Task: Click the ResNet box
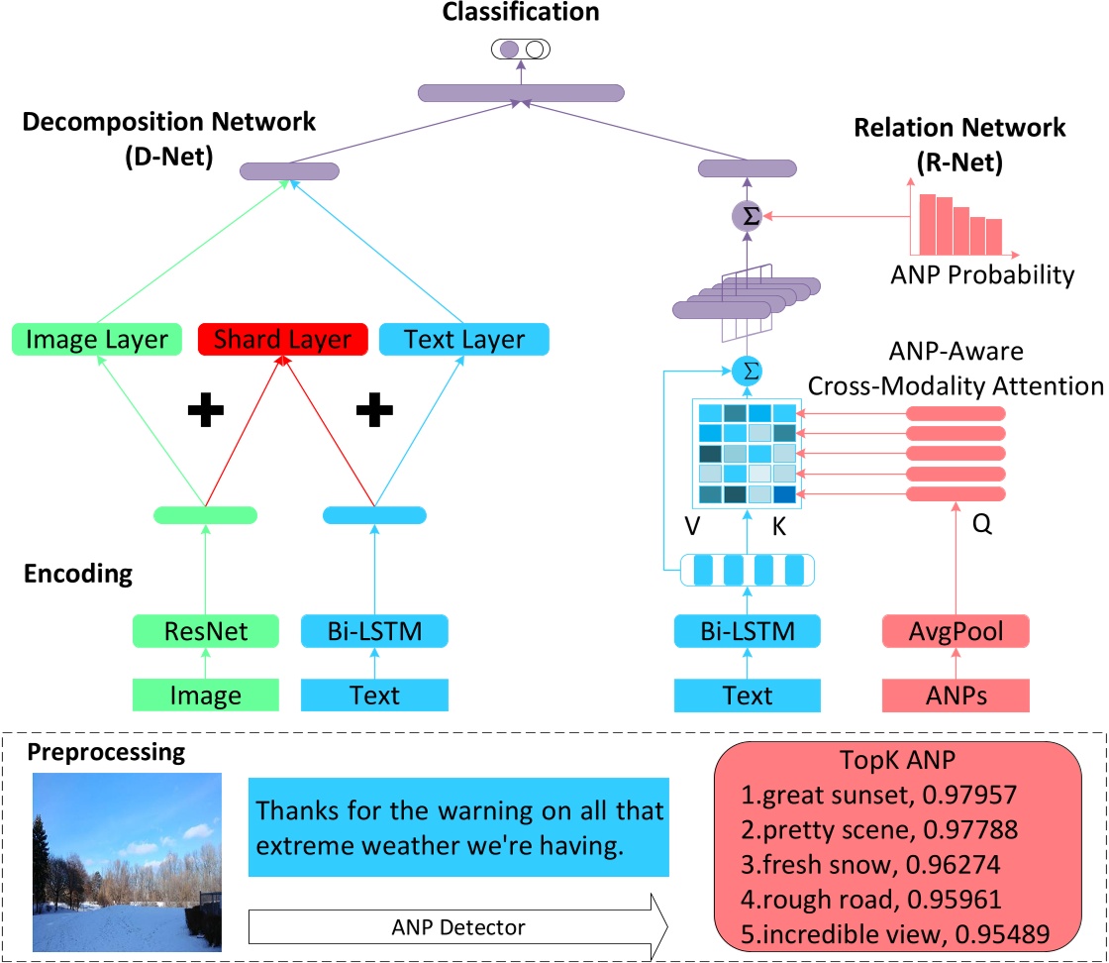[207, 630]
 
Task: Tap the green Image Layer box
[98, 340]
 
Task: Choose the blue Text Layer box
[464, 340]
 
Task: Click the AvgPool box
[956, 630]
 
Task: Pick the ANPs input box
[956, 695]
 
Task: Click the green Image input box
[207, 695]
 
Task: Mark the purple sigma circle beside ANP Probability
[750, 216]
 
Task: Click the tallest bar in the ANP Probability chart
[927, 223]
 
